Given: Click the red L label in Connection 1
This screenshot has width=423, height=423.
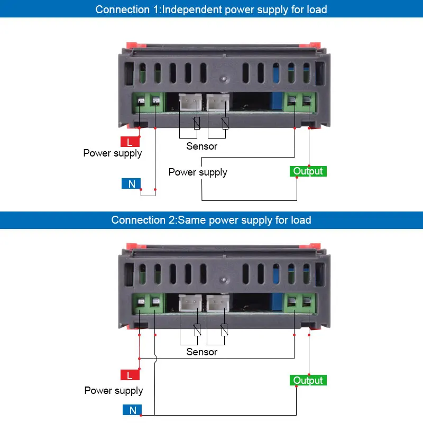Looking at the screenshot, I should (x=130, y=142).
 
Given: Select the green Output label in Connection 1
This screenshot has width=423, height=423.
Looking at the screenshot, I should (x=308, y=171).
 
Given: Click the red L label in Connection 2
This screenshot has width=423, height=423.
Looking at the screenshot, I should (x=130, y=375).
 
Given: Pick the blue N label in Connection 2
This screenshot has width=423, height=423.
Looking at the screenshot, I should (x=132, y=410).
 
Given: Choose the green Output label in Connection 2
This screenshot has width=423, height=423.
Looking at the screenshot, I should (x=308, y=380).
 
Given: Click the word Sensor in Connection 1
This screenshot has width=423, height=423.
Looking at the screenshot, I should (x=201, y=146).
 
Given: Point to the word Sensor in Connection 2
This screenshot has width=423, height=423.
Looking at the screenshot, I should (x=201, y=352).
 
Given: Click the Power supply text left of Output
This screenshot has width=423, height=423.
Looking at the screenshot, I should (x=198, y=172).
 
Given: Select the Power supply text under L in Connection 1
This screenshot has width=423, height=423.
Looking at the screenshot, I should (x=113, y=153).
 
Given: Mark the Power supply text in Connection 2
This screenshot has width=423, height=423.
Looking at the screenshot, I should (x=114, y=391).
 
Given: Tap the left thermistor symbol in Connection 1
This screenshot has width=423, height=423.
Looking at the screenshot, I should (x=197, y=123).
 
